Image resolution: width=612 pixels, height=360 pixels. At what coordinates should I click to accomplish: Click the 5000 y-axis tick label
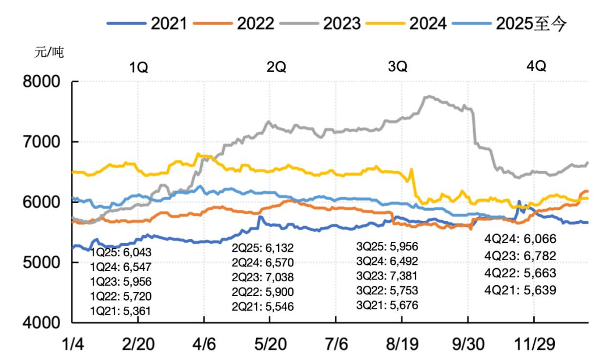(41, 262)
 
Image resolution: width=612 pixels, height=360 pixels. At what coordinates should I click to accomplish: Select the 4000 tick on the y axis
(41, 323)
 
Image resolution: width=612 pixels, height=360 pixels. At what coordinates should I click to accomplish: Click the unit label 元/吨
(49, 53)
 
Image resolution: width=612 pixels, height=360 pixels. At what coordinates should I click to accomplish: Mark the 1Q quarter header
(139, 67)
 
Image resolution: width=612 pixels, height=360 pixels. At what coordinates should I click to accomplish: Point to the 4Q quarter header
(536, 66)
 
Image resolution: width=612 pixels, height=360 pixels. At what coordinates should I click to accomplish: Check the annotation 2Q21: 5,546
(263, 306)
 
